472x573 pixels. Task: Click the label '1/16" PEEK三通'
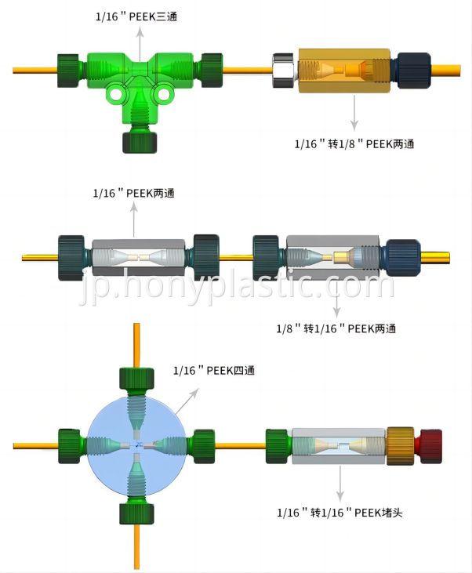[x=136, y=16]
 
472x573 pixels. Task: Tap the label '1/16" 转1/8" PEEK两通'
[x=354, y=143]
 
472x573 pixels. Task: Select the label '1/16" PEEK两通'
[x=134, y=193]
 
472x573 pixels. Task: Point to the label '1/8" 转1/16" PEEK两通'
[x=336, y=328]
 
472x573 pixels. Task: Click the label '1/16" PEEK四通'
[x=214, y=370]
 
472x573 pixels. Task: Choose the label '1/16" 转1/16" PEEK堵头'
[x=339, y=513]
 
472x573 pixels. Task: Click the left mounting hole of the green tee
[x=116, y=95]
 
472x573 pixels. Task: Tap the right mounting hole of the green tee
[x=163, y=94]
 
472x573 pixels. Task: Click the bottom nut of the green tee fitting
[x=140, y=142]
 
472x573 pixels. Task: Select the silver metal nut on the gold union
[x=284, y=71]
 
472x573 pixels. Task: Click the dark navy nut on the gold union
[x=413, y=71]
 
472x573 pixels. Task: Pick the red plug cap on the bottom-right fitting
[x=431, y=446]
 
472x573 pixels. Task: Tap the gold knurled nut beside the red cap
[x=401, y=446]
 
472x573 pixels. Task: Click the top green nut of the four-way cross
[x=136, y=379]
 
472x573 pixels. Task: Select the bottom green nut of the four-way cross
[x=136, y=513]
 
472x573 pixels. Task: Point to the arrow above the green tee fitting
[x=140, y=42]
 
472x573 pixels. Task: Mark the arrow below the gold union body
[x=354, y=113]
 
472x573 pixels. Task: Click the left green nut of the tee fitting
[x=68, y=71]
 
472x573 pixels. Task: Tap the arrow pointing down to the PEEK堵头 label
[x=340, y=484]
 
